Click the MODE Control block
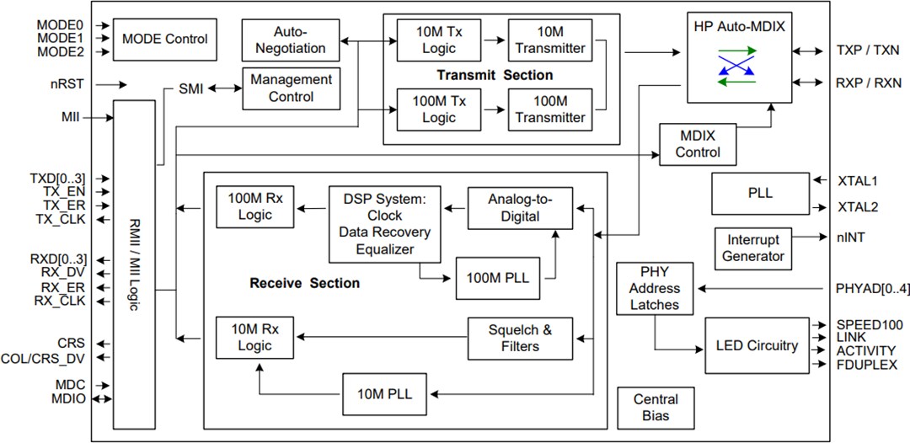point(164,39)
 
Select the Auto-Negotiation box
point(291,40)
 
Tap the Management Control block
point(291,88)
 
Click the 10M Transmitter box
point(549,40)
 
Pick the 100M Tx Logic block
point(438,109)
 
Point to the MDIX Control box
point(698,144)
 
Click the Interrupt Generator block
point(753,248)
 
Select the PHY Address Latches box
point(655,288)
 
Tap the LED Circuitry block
point(756,345)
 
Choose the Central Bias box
point(655,408)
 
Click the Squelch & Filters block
point(520,339)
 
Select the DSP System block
point(385,223)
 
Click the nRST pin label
point(66,84)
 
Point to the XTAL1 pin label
point(857,180)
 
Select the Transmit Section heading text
point(495,75)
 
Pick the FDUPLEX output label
point(866,365)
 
